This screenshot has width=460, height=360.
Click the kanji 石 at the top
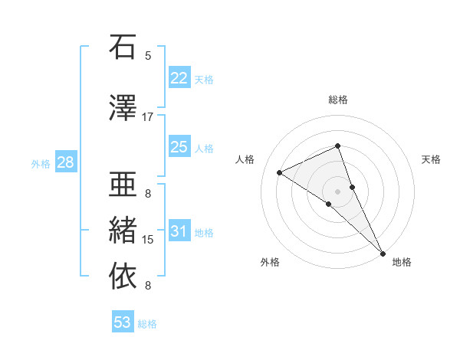point(123,48)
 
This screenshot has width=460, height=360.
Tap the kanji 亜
point(123,184)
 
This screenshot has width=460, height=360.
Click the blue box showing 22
point(179,78)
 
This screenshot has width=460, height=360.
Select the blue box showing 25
point(179,147)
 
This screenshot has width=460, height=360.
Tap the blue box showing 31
point(179,231)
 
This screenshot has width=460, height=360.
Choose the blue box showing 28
point(65,162)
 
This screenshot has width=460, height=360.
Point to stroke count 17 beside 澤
point(148,117)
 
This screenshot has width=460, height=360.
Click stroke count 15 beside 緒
point(148,240)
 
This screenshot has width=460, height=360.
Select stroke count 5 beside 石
point(148,55)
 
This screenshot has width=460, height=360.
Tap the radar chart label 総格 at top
point(337,100)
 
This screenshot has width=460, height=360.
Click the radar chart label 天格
point(431,159)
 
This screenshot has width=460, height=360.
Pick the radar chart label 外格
point(270,263)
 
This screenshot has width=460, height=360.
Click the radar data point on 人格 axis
point(280,172)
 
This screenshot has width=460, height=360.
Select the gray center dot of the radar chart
point(337,190)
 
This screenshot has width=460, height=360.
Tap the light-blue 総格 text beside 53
point(147,324)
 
